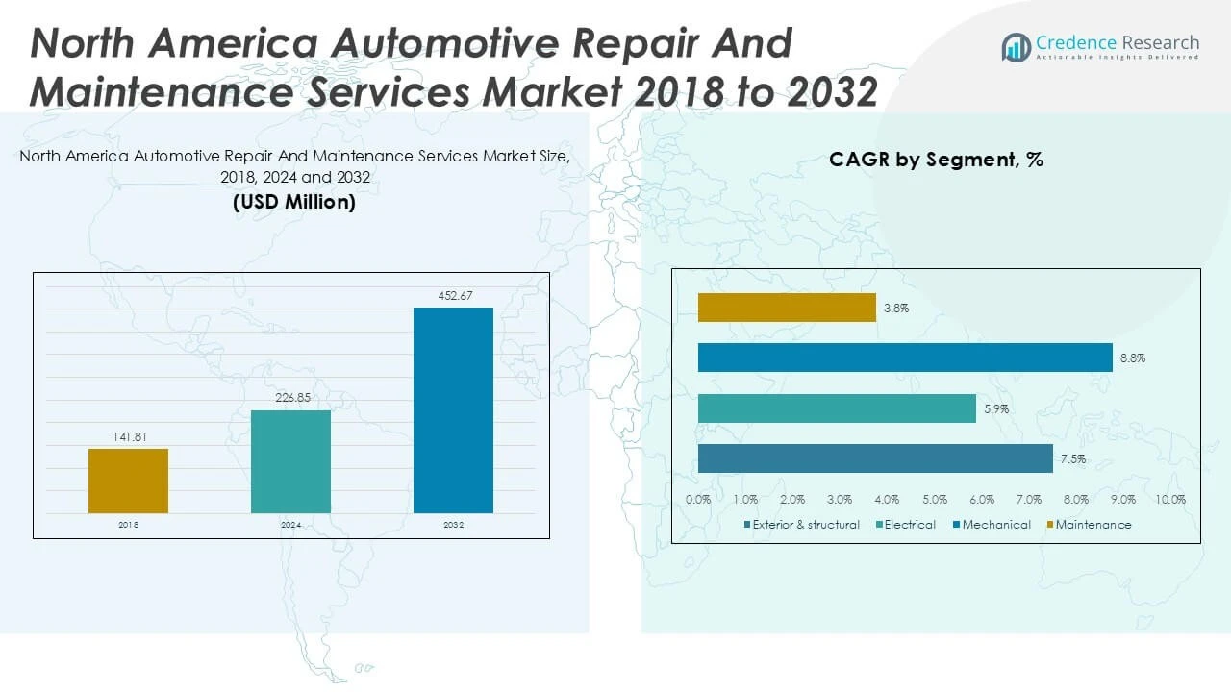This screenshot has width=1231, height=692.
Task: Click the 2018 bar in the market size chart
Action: coord(128,481)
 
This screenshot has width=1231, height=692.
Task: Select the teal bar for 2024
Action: coord(290,461)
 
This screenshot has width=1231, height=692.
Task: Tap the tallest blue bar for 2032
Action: coord(453,410)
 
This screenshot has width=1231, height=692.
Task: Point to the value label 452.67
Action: coord(453,296)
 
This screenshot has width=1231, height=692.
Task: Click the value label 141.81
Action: coord(128,437)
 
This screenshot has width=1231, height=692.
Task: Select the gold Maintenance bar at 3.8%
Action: coord(787,308)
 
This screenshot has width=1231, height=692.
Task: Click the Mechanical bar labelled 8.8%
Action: coord(905,358)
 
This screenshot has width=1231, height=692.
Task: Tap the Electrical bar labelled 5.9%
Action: coord(837,408)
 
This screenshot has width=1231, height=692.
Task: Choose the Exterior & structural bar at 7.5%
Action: coord(875,458)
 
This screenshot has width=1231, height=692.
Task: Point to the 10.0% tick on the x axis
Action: coord(1170,500)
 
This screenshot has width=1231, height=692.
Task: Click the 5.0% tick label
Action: coord(934,500)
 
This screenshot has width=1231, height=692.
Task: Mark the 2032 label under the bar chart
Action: coord(453,525)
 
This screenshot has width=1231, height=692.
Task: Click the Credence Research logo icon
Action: coord(1016,47)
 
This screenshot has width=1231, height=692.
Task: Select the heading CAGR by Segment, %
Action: coord(936,161)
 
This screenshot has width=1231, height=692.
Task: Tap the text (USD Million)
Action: coord(293,203)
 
